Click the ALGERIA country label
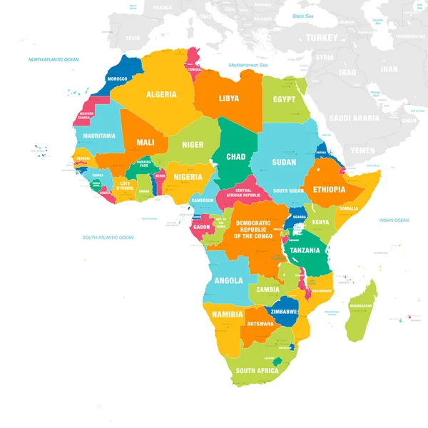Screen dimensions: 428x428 point(161,94)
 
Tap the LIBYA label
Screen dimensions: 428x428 point(229,98)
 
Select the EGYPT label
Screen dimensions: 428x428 point(284,100)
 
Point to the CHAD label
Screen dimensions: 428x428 point(236,157)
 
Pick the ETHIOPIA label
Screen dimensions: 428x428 point(329,190)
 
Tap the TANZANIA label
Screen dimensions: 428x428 point(305,250)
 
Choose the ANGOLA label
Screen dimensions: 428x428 point(229,280)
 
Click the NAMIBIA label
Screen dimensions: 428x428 point(228,314)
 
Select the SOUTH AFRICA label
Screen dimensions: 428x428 point(256,371)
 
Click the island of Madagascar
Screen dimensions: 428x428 point(361,310)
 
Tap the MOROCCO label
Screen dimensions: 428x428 point(117,78)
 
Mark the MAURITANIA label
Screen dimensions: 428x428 point(98,136)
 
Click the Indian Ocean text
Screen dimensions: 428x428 point(394,220)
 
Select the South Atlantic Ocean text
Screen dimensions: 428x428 point(108,237)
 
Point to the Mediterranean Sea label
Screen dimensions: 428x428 point(248,65)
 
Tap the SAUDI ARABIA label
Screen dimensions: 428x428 point(355,118)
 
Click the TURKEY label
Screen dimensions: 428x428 point(322,37)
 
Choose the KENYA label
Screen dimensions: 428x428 point(321,222)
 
